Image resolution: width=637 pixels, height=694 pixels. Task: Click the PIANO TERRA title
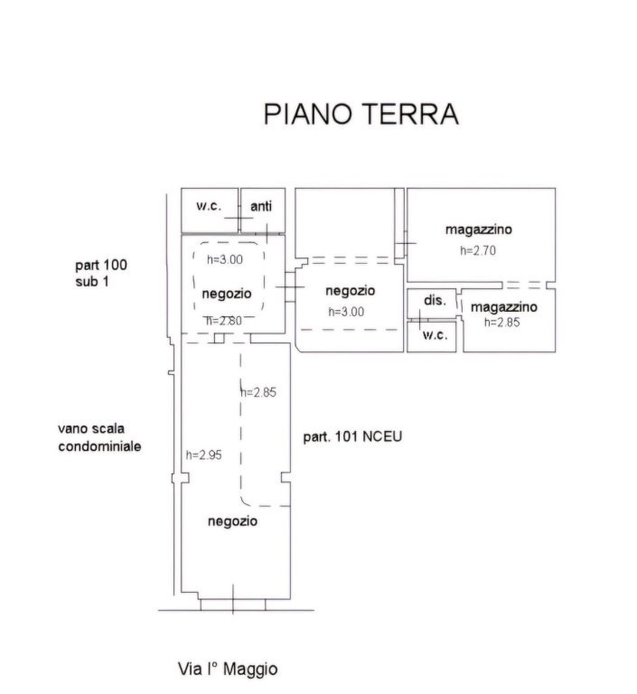point(361,114)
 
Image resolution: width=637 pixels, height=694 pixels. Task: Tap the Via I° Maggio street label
point(227,670)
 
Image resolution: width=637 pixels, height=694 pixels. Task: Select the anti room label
point(261,206)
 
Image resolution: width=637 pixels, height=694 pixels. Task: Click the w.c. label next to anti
point(209,205)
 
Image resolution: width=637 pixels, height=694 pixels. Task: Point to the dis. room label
point(435,300)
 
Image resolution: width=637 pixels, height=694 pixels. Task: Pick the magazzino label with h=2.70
point(479,230)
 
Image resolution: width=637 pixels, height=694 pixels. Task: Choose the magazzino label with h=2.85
point(504,306)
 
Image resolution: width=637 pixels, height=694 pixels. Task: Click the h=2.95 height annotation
point(203,455)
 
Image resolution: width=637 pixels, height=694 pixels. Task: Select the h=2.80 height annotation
point(223,320)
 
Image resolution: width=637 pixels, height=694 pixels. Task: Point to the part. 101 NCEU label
point(351,436)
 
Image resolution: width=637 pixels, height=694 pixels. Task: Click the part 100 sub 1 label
point(101,274)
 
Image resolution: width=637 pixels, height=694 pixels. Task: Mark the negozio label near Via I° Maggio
point(233,521)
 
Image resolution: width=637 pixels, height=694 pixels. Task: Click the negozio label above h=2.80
point(227,294)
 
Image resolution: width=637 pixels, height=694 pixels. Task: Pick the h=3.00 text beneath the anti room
point(225,259)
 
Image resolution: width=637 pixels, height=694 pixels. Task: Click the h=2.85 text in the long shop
point(259,392)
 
